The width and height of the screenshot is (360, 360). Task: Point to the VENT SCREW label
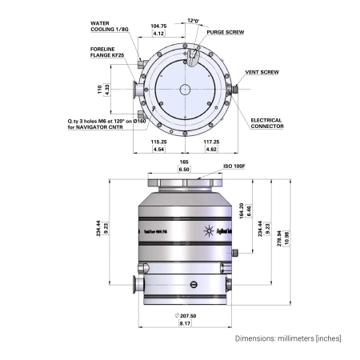[262, 72]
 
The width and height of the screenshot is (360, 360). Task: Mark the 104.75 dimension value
[159, 26]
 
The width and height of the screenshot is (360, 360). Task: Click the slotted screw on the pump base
[192, 285]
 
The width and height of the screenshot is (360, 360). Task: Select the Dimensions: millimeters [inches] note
[287, 339]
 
